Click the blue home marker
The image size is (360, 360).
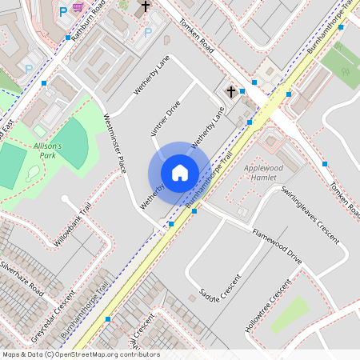[x=180, y=173]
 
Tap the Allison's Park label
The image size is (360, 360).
[x=53, y=150]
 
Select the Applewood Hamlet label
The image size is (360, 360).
[x=263, y=174]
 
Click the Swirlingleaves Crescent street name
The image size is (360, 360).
[x=311, y=214]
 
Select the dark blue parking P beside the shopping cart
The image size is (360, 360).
[x=63, y=12]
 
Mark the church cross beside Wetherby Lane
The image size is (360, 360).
[x=231, y=91]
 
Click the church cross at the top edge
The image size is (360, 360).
[x=145, y=7]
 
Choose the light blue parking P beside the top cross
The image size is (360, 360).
[x=147, y=33]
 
